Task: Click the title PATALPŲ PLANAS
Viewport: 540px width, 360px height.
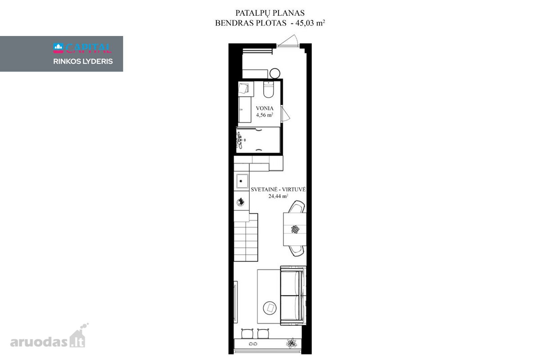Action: tap(270, 13)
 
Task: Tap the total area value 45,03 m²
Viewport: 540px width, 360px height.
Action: tap(310, 23)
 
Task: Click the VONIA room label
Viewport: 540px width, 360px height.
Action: tap(265, 108)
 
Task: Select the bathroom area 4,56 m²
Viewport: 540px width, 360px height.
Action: tap(265, 115)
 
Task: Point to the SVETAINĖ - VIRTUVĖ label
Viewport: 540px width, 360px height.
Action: tap(278, 189)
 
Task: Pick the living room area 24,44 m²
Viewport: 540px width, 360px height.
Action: tap(278, 196)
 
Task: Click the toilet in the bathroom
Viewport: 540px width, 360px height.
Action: tap(268, 89)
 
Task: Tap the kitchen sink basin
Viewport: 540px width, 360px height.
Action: tap(242, 181)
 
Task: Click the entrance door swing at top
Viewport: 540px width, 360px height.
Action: tap(288, 40)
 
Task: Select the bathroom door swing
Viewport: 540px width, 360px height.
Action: tap(285, 113)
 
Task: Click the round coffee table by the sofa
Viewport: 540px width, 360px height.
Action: tap(270, 308)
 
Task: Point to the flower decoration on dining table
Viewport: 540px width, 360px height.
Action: tap(295, 229)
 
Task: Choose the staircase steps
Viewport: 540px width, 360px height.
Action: tap(246, 237)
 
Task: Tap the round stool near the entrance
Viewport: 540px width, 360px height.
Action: tap(275, 73)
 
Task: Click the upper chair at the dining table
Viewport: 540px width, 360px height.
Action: tap(297, 207)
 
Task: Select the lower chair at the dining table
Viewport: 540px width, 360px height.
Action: tap(296, 251)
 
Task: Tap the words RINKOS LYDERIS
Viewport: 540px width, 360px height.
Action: tap(83, 61)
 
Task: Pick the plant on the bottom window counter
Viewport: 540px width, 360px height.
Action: tap(292, 343)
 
